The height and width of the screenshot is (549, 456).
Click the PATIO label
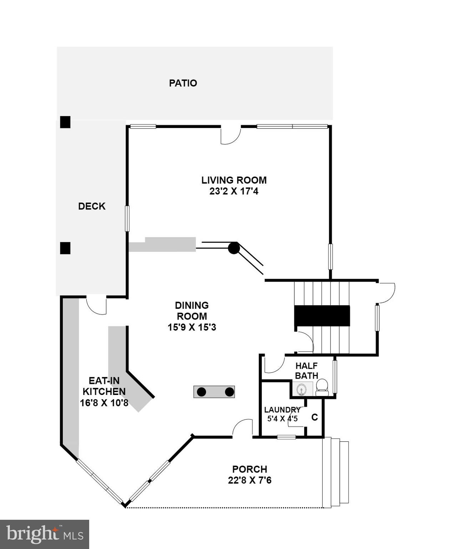coord(183,83)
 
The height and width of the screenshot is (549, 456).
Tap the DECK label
coord(92,206)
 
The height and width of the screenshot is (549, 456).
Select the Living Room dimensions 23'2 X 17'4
coord(234,191)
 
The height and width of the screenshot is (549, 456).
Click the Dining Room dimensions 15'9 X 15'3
coord(192,327)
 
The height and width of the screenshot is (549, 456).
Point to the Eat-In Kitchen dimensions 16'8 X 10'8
coord(104,403)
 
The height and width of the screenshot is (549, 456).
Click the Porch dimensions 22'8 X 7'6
coord(249,480)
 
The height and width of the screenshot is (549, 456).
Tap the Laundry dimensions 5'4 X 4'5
coord(282,418)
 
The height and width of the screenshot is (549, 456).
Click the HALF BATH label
coord(306,371)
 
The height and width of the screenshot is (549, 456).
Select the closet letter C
coord(314,417)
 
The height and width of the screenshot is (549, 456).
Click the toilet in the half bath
coord(322,387)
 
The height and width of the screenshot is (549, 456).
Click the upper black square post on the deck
coord(65,122)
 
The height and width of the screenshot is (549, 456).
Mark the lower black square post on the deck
coord(65,248)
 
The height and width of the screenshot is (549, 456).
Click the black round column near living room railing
coord(233,248)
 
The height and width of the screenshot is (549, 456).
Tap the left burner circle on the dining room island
coord(202,392)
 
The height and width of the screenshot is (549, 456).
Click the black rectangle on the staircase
coord(322,316)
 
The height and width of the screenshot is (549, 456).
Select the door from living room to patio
coord(230,135)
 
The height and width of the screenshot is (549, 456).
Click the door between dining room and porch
coord(243,428)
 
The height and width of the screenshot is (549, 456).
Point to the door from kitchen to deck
coord(97,305)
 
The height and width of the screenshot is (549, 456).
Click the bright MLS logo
coord(44,534)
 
